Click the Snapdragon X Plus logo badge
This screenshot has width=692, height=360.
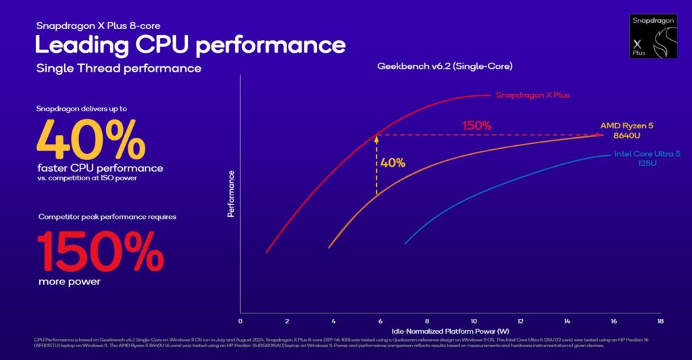tap(653, 34)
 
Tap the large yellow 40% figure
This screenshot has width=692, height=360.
tap(90, 138)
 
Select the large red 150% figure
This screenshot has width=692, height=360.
tap(99, 251)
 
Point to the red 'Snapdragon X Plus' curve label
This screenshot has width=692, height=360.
tap(533, 95)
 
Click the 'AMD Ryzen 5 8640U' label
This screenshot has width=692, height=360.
tap(626, 130)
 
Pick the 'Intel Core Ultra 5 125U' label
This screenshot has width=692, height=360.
tap(647, 159)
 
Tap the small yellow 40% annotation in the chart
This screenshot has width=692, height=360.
tap(393, 163)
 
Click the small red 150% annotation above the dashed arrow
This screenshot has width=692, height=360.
tap(476, 126)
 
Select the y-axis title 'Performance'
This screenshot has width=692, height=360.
tap(231, 193)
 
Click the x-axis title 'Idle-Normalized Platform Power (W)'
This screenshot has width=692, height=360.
tap(450, 330)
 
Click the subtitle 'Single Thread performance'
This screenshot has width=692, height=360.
tap(118, 68)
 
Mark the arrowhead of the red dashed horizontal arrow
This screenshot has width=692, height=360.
tap(599, 135)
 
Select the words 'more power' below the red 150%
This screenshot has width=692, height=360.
tap(69, 282)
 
